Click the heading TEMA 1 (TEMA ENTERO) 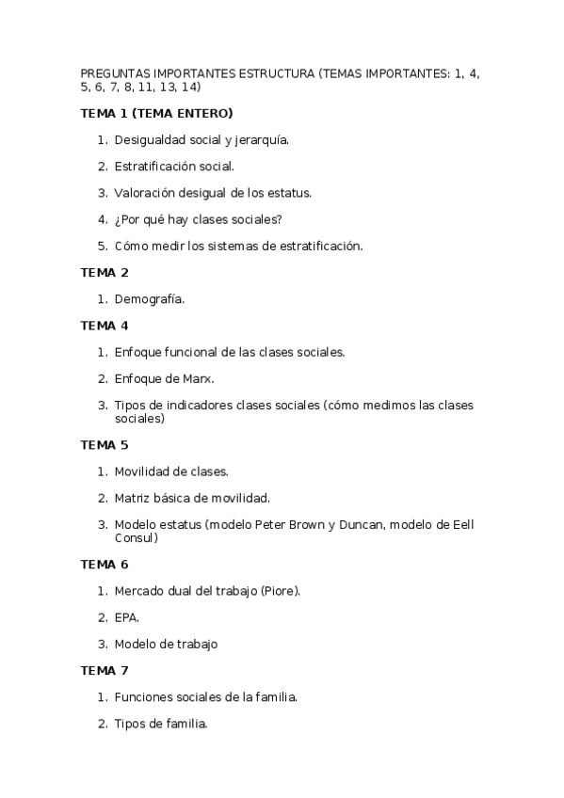[156, 114]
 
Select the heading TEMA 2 [105, 273]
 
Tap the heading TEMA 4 [105, 326]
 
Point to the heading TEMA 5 [105, 444]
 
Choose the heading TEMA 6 [105, 565]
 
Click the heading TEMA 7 [105, 671]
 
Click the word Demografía [150, 299]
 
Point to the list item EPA [127, 617]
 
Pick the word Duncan [358, 524]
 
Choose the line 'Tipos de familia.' [160, 724]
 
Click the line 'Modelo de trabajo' [166, 645]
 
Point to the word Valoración [146, 193]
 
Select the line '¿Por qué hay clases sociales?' [198, 219]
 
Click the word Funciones [145, 697]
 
